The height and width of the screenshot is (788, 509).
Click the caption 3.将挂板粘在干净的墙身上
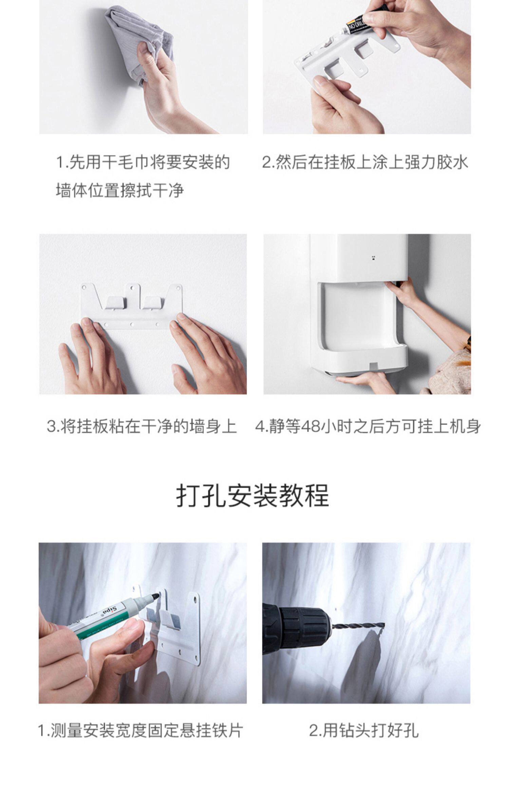point(142,427)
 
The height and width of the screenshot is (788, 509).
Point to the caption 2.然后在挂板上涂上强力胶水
point(365,162)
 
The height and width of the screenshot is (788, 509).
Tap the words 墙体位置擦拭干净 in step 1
point(120,190)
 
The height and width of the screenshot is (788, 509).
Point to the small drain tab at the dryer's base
point(373,366)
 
